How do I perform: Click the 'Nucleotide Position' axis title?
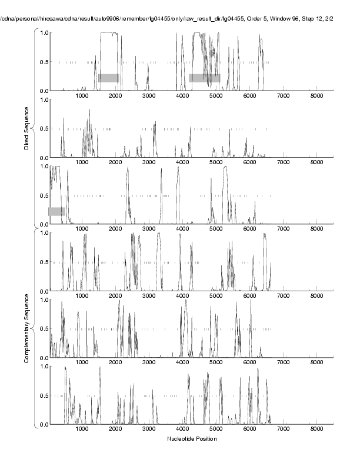click(192, 439)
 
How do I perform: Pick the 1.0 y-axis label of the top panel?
click(43, 32)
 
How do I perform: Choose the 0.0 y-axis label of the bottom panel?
click(43, 424)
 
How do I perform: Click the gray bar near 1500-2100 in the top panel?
click(109, 78)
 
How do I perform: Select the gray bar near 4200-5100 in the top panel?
click(205, 78)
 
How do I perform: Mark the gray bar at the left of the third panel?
click(57, 211)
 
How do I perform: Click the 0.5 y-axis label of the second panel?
click(43, 129)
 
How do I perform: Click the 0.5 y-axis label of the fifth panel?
click(43, 329)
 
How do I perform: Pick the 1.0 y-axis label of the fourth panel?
click(43, 233)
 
